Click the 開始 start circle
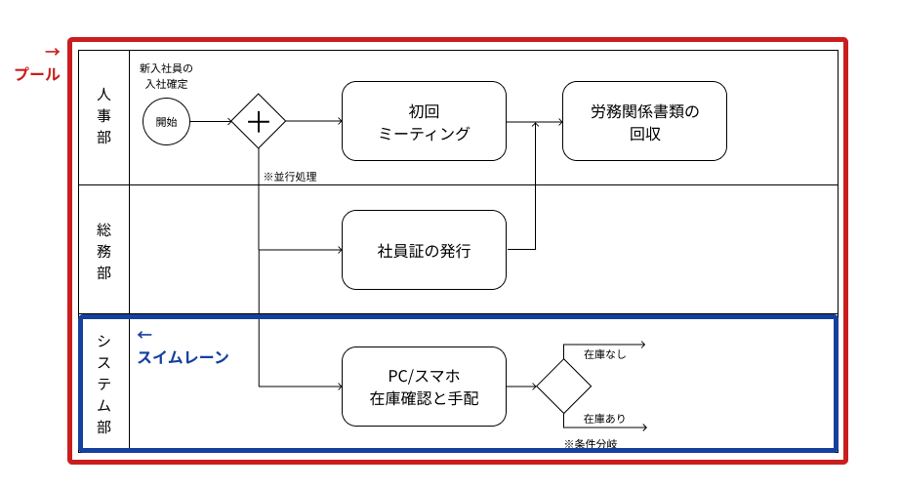coord(166,121)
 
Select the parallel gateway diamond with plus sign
coord(259,121)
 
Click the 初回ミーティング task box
coord(424,121)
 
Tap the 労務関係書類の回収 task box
coord(644,121)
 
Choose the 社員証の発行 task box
coord(424,250)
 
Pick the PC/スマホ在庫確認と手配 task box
coord(424,387)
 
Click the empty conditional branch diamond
coord(563,387)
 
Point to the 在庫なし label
coord(604,354)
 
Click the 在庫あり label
coord(604,419)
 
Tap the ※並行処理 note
coord(290,177)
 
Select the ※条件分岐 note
coord(590,443)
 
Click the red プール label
coord(37,74)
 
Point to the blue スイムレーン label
coord(184,357)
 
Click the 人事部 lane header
coord(103,117)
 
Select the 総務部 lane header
coord(103,251)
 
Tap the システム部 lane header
coord(103,383)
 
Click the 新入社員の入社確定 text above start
coord(166,76)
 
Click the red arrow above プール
coord(53,51)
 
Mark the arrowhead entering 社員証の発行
coord(338,250)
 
